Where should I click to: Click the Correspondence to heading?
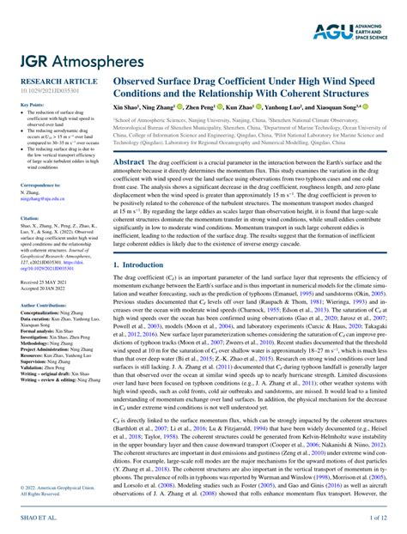[39, 185]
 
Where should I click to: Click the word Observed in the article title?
[142, 82]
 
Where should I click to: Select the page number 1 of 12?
[379, 519]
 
